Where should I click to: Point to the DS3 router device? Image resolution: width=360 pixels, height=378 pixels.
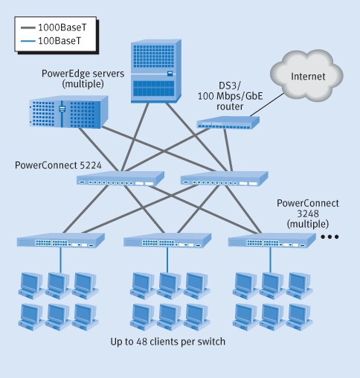(x=224, y=124)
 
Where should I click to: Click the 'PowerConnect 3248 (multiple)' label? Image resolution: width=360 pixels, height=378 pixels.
(x=307, y=213)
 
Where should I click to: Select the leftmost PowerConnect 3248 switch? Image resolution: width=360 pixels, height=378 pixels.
(x=60, y=242)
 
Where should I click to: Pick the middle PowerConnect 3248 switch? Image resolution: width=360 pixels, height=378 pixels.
(x=166, y=241)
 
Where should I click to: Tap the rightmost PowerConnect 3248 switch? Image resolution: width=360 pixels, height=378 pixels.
(x=271, y=241)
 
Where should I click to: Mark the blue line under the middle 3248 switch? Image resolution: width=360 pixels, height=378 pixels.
(x=167, y=259)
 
